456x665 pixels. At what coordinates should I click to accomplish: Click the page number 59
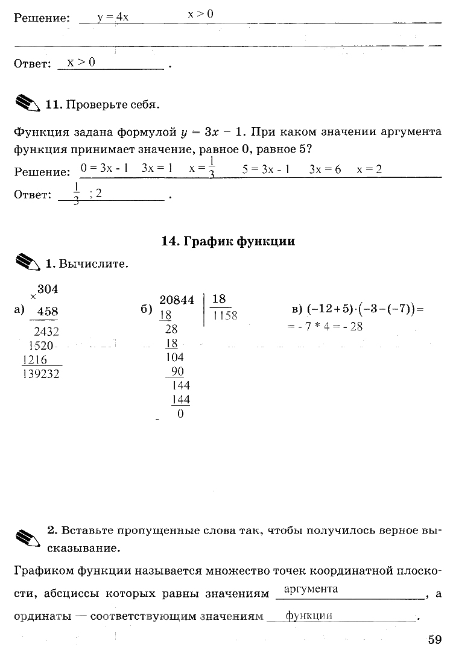(435, 640)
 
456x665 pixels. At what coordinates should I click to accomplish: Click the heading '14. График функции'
(228, 242)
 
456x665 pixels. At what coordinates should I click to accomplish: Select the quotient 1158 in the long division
(225, 315)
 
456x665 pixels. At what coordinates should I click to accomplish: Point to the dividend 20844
(177, 300)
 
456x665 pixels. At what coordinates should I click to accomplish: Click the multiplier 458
(48, 312)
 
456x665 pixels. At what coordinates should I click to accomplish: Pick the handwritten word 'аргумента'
(311, 589)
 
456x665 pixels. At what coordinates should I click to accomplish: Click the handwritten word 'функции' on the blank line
(309, 616)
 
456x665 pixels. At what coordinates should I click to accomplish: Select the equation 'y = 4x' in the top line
(113, 17)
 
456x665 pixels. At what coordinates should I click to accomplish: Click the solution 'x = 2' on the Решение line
(370, 169)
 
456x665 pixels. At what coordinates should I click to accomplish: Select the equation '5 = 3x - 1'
(266, 169)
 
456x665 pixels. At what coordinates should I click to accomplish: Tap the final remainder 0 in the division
(180, 415)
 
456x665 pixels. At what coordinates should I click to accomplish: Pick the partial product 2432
(47, 331)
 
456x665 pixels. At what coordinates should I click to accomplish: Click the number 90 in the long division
(177, 371)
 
